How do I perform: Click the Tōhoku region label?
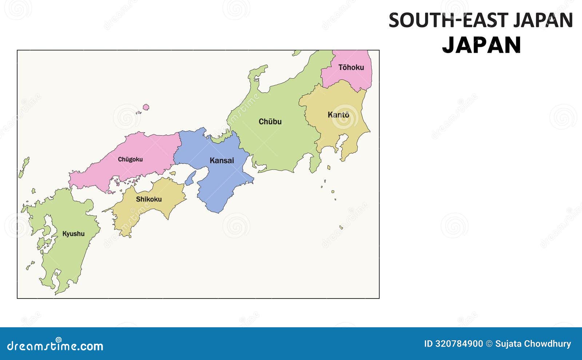click(351, 67)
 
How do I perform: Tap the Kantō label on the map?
click(338, 115)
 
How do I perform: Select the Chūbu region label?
click(270, 121)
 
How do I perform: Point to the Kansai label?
click(222, 160)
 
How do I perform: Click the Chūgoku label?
click(130, 159)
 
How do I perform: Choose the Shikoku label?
click(149, 199)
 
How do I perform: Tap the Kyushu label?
click(73, 234)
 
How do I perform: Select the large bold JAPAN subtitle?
click(482, 45)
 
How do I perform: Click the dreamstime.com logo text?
click(55, 346)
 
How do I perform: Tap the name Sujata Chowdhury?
click(533, 344)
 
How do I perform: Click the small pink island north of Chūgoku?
click(146, 107)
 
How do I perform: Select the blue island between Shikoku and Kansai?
click(191, 178)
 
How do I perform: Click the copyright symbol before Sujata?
click(489, 344)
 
